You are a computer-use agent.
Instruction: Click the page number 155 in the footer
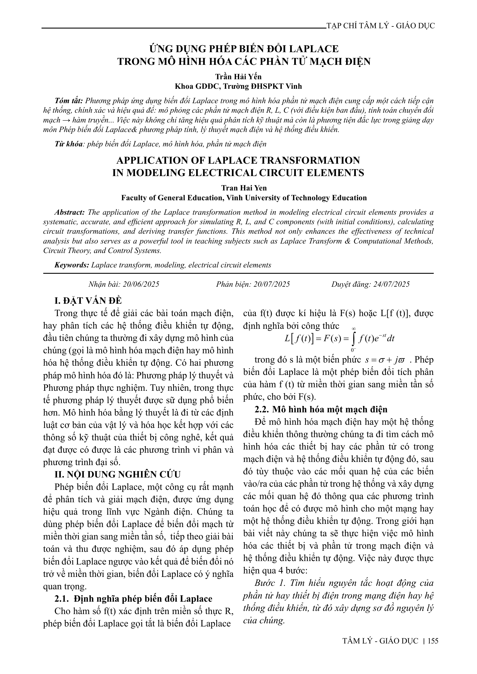[433, 641]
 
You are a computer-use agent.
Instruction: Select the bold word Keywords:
[72, 265]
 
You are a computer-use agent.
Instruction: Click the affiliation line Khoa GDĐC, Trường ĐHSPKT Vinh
[238, 86]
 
